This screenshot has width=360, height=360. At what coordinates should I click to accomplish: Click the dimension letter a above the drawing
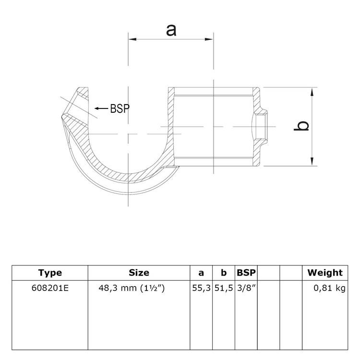tap(171, 30)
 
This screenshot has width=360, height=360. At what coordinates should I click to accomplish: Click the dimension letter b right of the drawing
tap(302, 126)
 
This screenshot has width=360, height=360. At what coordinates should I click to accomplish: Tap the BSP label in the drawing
tap(120, 108)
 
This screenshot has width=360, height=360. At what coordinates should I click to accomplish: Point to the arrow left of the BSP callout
tap(101, 108)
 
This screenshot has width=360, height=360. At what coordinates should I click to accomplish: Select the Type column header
tap(50, 273)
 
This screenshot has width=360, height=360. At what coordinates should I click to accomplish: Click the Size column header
tap(139, 273)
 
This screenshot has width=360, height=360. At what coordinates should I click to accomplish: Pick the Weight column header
tap(325, 273)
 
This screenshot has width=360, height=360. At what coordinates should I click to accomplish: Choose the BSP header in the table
tap(246, 273)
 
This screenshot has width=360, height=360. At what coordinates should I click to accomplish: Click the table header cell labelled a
tap(201, 273)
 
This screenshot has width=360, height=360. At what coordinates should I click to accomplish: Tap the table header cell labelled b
tap(224, 273)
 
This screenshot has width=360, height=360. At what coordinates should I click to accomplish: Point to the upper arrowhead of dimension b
tap(313, 92)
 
